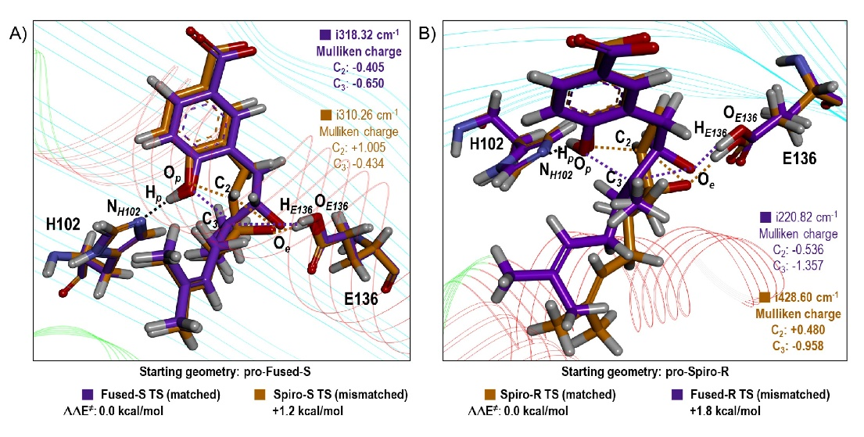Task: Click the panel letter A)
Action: pos(18,34)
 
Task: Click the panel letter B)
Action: pos(429,34)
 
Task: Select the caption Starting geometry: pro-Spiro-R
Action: pos(633,371)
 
